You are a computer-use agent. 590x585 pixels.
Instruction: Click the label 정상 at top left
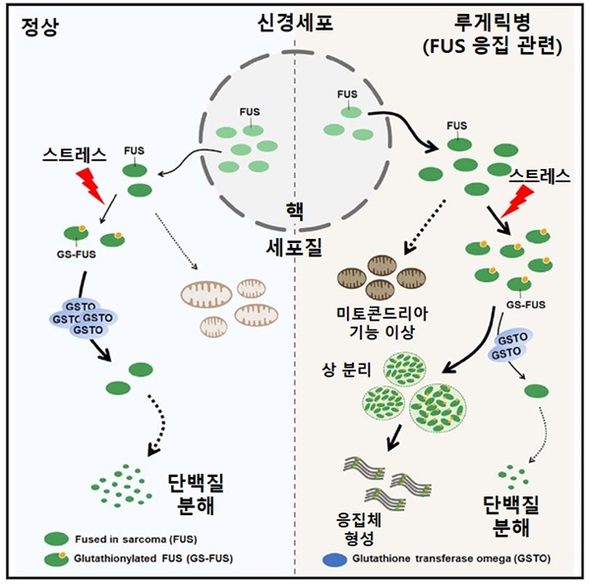pyautogui.click(x=38, y=26)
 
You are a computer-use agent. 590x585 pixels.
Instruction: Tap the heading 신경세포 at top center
pyautogui.click(x=294, y=23)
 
